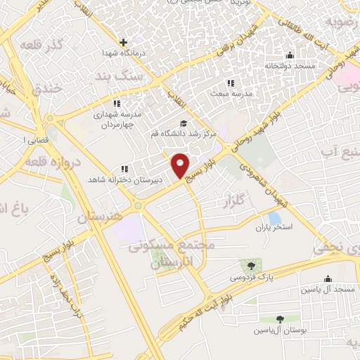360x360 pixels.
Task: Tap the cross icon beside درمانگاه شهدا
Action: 124,42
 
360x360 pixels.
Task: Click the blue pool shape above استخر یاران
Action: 274,218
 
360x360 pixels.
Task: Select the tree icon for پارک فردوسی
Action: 250,266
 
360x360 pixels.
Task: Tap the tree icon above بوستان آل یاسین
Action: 281,319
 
